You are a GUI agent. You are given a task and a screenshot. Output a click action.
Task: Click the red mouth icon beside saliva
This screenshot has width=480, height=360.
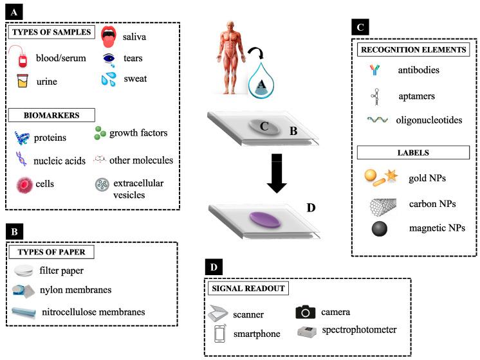click(x=109, y=37)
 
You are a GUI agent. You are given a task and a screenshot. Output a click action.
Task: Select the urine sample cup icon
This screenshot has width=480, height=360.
click(x=23, y=81)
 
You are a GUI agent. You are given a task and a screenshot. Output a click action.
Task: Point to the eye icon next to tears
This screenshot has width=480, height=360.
click(x=109, y=58)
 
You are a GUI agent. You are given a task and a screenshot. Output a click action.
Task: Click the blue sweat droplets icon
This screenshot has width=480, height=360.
click(x=109, y=79)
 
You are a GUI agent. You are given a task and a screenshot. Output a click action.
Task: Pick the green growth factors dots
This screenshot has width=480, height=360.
click(x=100, y=133)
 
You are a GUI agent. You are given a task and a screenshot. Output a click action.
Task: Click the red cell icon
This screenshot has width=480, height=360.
click(x=24, y=184)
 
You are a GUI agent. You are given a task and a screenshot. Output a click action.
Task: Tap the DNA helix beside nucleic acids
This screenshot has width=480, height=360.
click(x=21, y=159)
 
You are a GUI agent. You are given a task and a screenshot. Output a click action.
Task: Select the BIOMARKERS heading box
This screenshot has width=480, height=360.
click(x=51, y=115)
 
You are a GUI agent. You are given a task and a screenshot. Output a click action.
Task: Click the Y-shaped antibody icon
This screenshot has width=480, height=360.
click(x=374, y=69)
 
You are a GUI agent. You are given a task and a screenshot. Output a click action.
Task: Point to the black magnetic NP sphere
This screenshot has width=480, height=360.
click(x=380, y=228)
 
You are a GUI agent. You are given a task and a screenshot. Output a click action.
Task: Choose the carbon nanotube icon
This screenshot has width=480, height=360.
click(x=383, y=206)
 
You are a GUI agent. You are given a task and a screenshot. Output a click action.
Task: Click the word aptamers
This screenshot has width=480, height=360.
click(x=416, y=96)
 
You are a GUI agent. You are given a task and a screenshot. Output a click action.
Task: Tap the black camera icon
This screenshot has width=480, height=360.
click(x=305, y=312)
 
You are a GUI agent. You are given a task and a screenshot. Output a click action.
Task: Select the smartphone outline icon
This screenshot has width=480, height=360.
click(x=220, y=334)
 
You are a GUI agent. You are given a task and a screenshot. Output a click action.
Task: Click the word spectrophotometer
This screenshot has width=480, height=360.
click(x=359, y=330)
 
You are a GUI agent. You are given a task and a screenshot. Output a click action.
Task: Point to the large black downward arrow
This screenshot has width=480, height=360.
click(x=277, y=174)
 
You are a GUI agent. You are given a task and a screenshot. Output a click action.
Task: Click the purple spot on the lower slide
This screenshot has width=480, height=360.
click(x=265, y=220)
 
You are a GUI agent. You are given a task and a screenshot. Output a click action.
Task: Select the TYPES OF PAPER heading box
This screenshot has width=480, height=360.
click(x=51, y=252)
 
